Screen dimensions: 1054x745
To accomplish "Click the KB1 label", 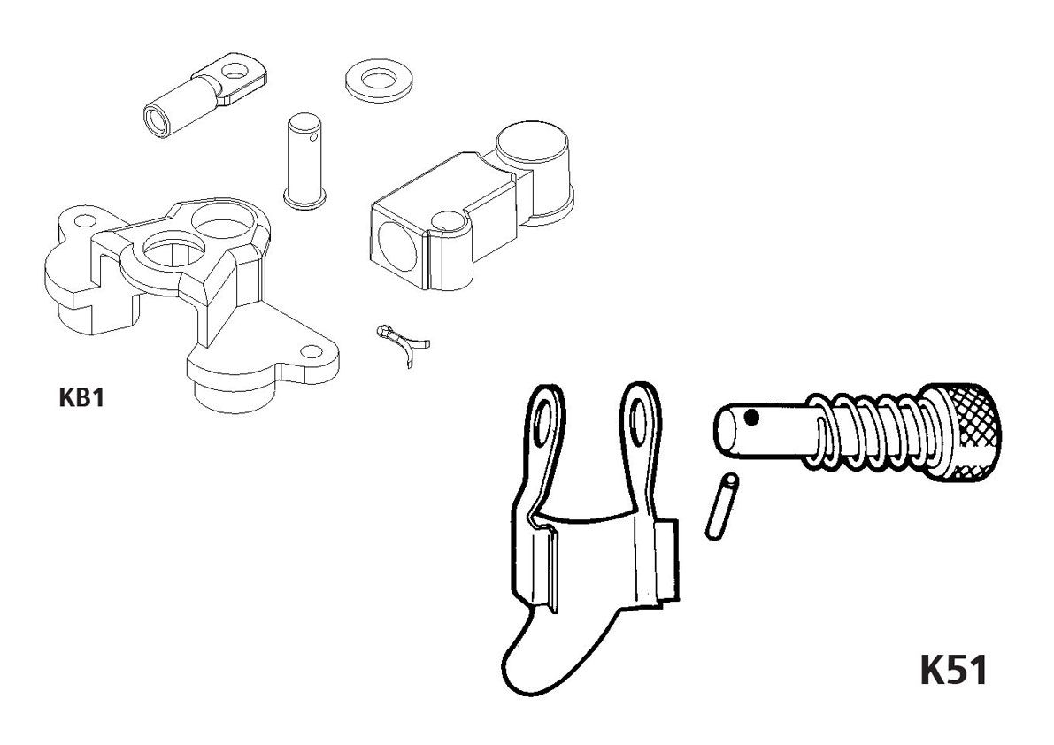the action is point(81,397).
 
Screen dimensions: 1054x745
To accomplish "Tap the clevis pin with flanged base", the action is point(304,160).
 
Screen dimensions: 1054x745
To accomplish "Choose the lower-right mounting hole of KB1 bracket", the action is point(311,351).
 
